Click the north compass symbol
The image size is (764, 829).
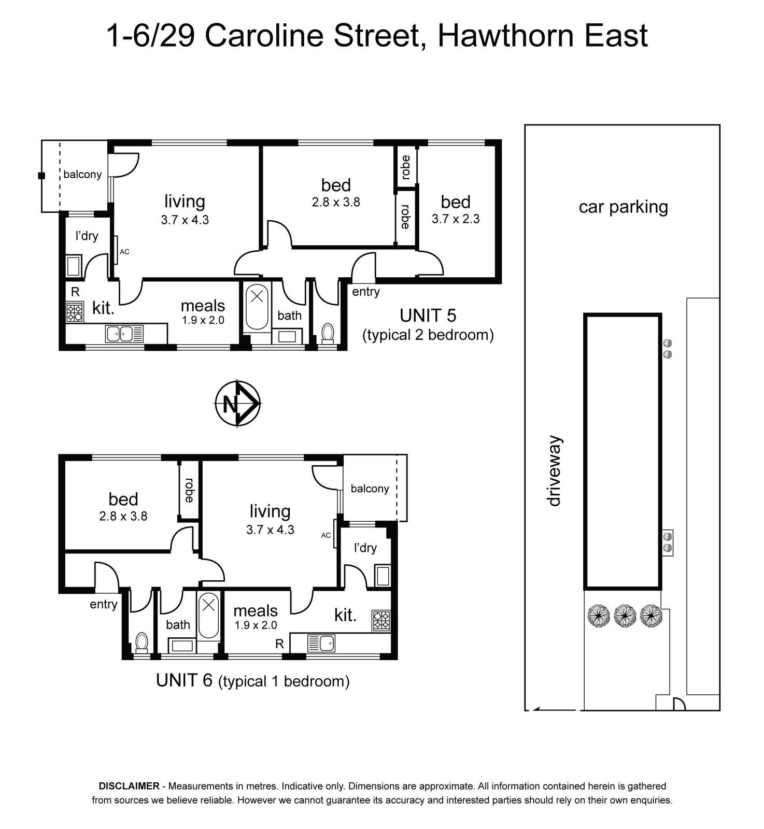[238, 403]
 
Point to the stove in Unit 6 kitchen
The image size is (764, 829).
[381, 621]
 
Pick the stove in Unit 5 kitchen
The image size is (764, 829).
[75, 313]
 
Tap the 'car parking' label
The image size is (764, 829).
[623, 207]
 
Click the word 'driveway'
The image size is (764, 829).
[554, 471]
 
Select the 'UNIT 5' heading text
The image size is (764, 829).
[428, 315]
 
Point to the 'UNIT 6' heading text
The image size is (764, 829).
[185, 680]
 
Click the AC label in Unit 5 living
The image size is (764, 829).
[124, 252]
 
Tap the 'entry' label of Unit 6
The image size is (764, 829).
[104, 604]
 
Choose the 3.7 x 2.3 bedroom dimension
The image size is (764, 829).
[456, 219]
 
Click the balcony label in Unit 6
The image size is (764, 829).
[370, 489]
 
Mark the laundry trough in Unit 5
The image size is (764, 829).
[74, 266]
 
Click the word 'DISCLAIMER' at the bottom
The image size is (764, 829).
[129, 786]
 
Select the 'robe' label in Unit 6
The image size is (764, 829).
[189, 491]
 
